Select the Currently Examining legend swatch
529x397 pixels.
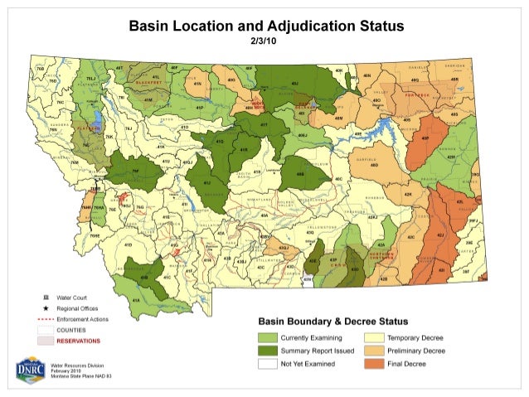(267, 339)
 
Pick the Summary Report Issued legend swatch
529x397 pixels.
(267, 351)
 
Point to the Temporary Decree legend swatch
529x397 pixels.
(374, 339)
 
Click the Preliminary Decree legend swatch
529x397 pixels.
(374, 351)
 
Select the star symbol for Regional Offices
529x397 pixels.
(46, 307)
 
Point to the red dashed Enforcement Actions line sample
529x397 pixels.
(46, 318)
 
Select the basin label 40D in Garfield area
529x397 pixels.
(373, 165)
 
